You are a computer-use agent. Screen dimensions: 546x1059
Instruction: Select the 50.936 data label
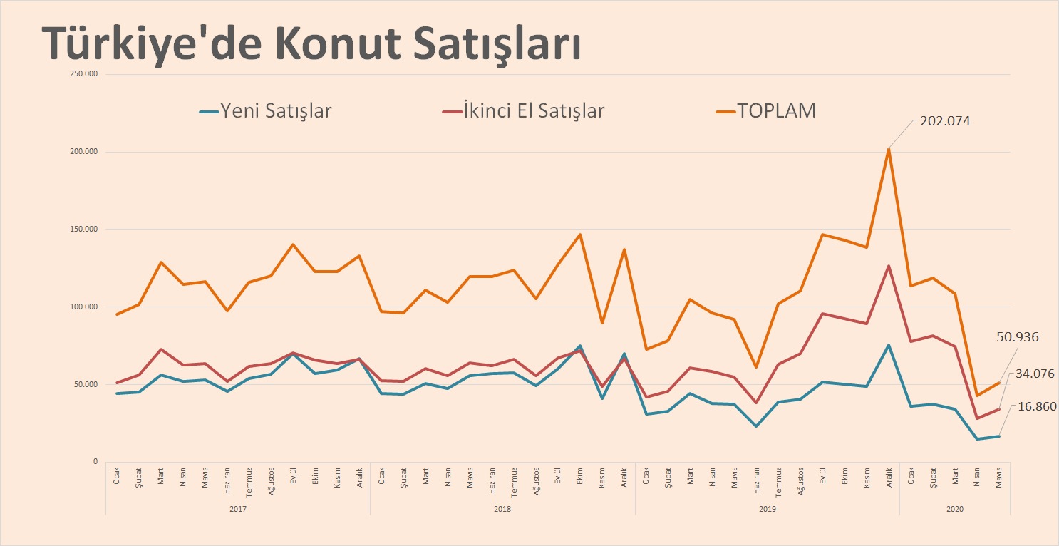tap(1018, 337)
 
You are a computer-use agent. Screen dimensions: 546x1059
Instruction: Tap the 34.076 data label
tap(1031, 373)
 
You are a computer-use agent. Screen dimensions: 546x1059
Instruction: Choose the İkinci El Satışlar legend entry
tap(523, 111)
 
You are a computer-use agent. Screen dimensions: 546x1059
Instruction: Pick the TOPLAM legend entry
tap(766, 111)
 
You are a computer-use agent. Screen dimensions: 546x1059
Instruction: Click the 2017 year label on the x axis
tap(239, 510)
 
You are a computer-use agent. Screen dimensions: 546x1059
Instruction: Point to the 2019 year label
tap(767, 510)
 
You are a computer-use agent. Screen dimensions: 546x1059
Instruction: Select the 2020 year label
tap(955, 510)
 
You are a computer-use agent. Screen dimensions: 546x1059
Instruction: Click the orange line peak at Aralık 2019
tap(889, 149)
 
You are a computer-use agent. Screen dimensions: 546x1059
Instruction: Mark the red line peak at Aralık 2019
tap(889, 266)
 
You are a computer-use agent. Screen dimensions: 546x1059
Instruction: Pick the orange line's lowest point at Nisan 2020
tap(977, 396)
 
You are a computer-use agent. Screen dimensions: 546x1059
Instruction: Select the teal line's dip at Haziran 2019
tap(757, 426)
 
